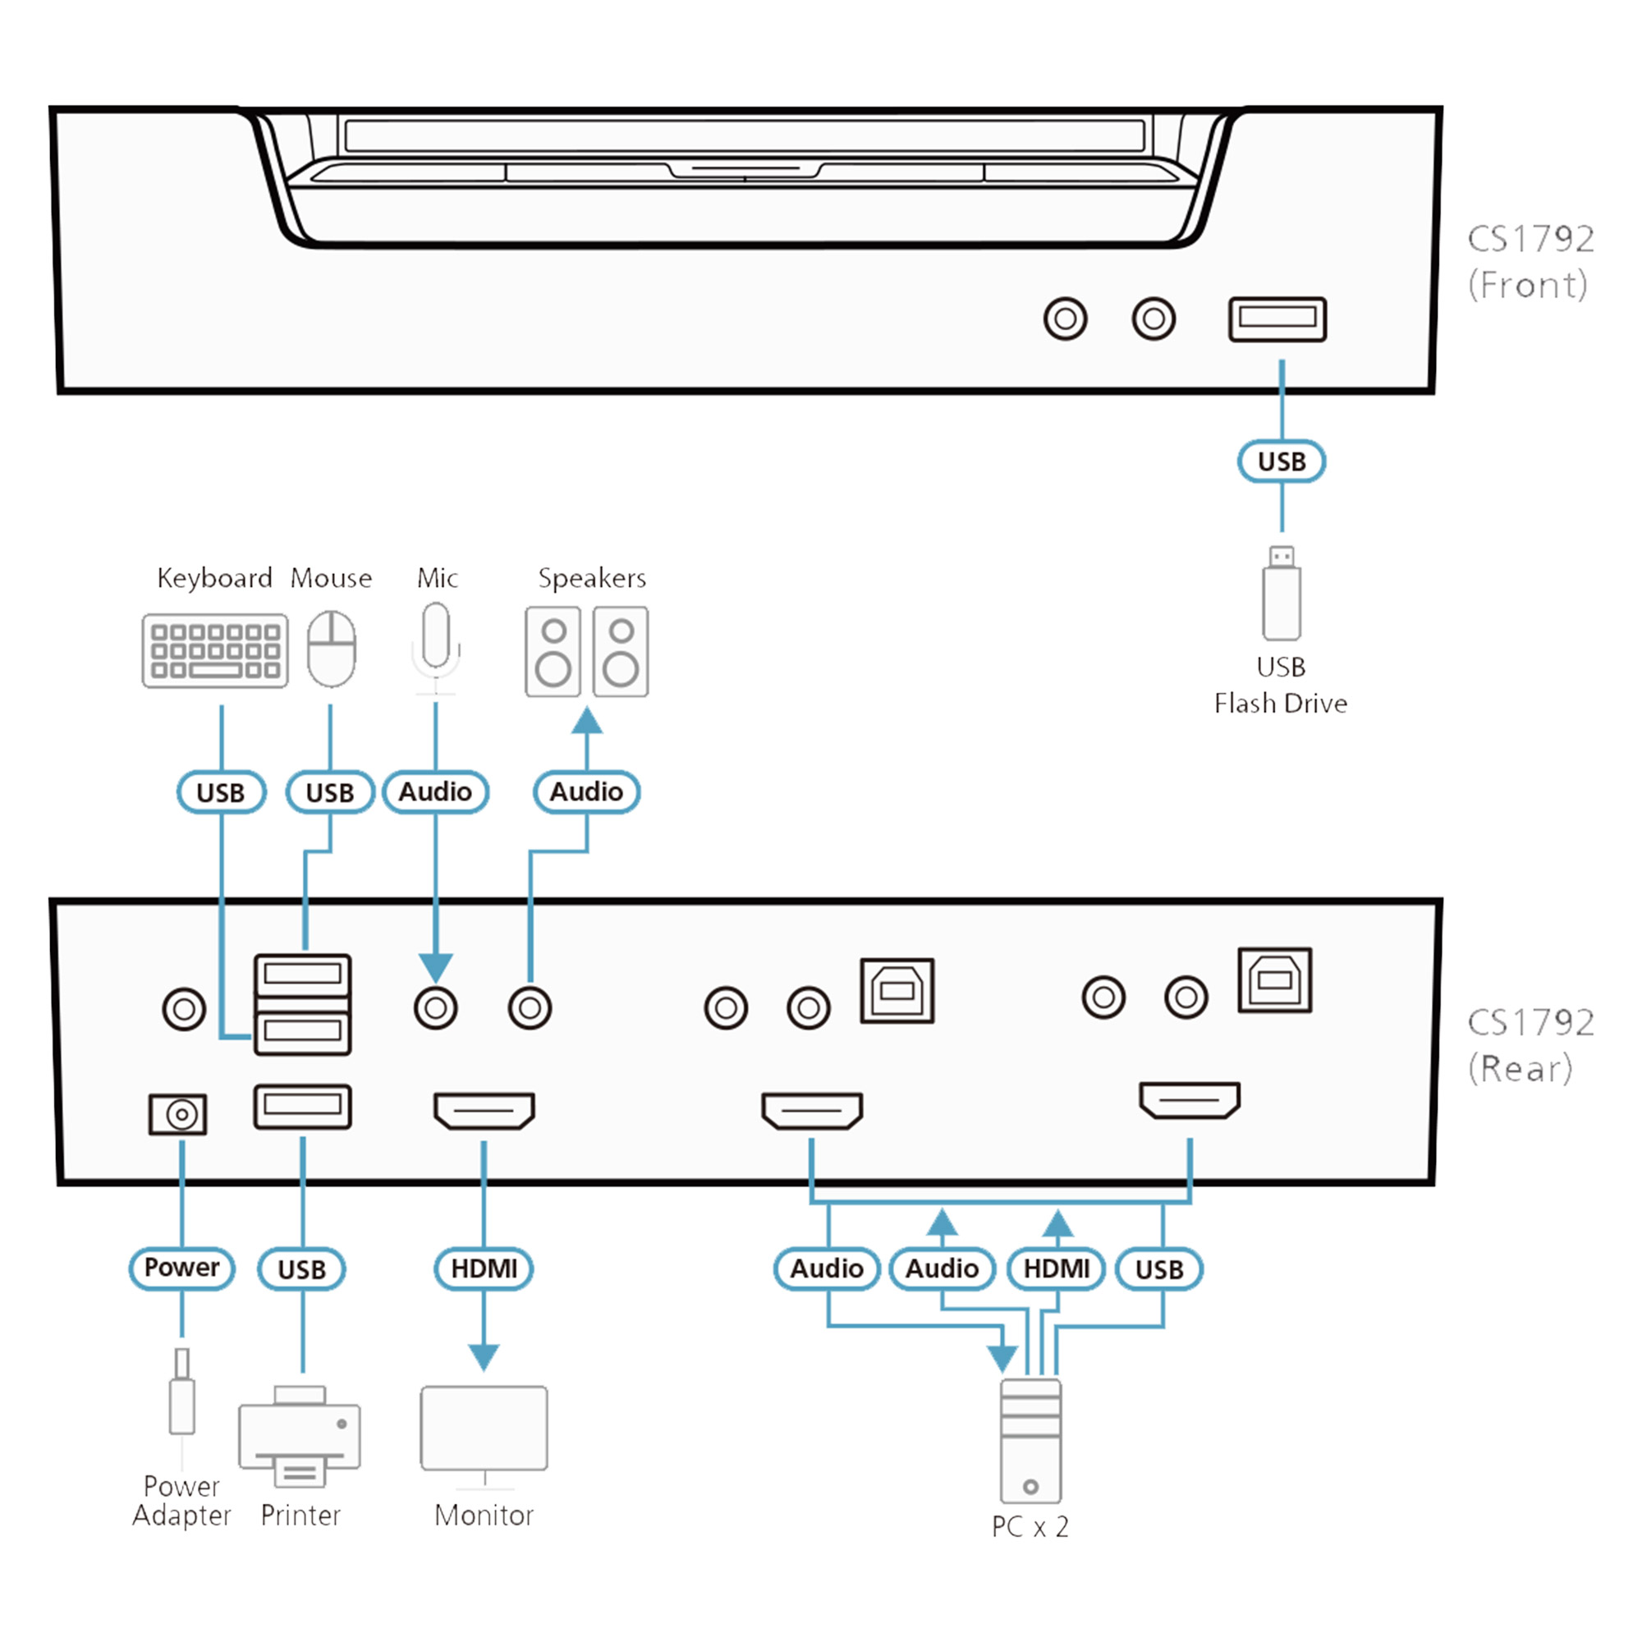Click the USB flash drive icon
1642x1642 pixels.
[1281, 594]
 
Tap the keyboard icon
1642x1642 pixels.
[215, 650]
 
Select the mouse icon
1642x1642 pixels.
[332, 649]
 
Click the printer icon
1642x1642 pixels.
[300, 1436]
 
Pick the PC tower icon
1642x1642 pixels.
[1030, 1441]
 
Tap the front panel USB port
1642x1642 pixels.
[1277, 319]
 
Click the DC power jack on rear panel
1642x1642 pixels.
[177, 1113]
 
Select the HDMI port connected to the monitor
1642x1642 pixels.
[484, 1110]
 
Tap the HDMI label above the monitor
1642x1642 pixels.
[484, 1269]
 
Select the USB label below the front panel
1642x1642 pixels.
[1281, 461]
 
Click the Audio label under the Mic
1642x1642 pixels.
[435, 792]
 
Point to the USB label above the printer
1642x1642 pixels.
[301, 1270]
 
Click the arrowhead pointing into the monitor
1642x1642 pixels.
[484, 1357]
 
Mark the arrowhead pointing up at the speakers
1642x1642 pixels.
[586, 721]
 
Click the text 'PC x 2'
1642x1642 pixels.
[1030, 1527]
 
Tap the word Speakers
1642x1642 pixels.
[591, 579]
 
